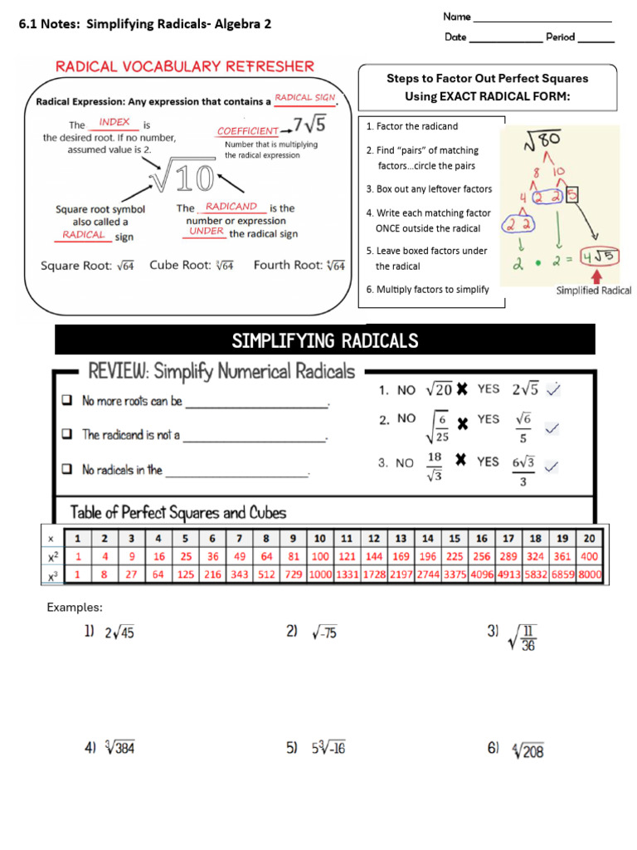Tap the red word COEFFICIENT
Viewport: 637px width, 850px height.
click(x=247, y=131)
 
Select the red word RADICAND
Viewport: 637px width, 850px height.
click(x=231, y=207)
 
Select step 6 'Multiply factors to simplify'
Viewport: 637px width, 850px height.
click(x=427, y=290)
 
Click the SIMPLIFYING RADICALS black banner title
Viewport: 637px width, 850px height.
click(x=325, y=340)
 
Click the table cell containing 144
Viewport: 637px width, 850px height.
click(x=374, y=557)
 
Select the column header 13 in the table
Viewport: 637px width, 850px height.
click(x=401, y=539)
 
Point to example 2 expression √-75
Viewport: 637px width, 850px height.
click(x=323, y=633)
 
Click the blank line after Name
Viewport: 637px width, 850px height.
click(x=542, y=17)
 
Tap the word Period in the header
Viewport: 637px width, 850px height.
click(x=560, y=37)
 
